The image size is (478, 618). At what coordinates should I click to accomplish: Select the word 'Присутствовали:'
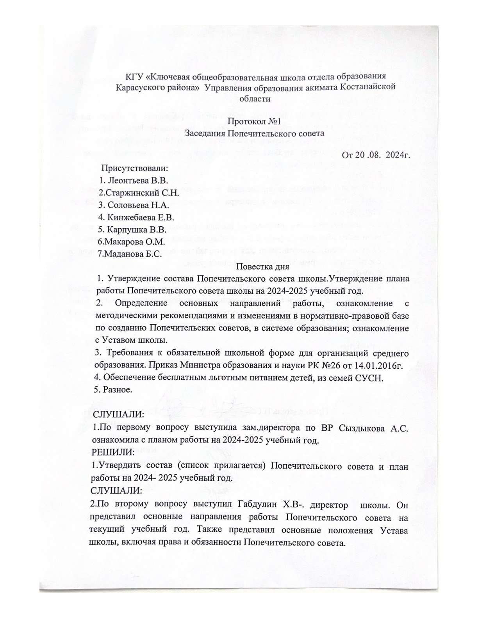[x=134, y=169]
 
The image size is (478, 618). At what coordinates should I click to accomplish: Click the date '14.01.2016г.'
[x=377, y=365]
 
